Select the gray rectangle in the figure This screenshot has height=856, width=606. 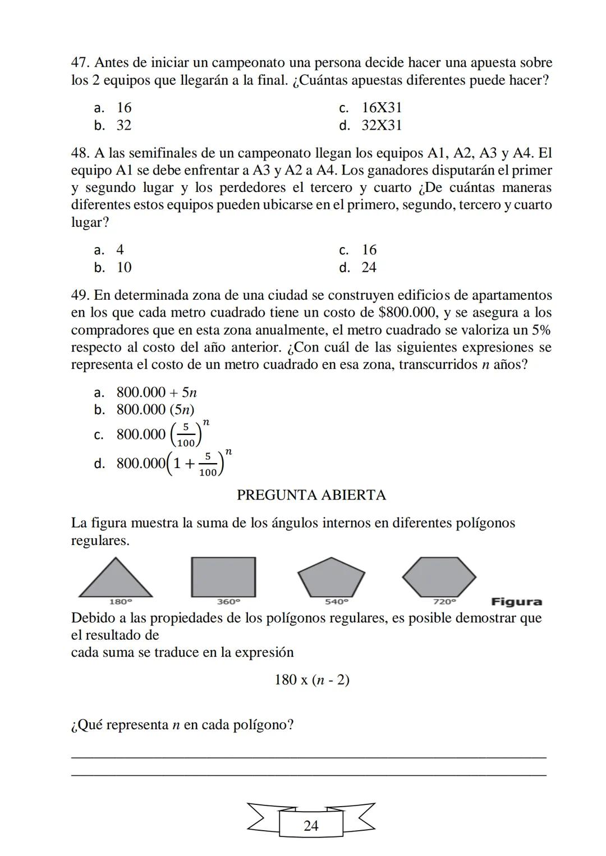pos(223,577)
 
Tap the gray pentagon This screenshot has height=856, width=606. pos(331,578)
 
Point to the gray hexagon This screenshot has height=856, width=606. pos(439,577)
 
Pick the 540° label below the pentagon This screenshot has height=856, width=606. pos(336,602)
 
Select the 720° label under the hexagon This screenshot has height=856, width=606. pos(444,602)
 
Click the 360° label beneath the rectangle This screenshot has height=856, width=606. pos(228,602)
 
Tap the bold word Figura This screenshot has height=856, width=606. pos(516,602)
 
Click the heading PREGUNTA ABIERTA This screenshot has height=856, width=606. pos(311,495)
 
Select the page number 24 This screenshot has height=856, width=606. pos(311,826)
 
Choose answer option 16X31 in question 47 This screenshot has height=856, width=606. pos(382,108)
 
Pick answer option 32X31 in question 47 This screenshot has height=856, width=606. pos(382,125)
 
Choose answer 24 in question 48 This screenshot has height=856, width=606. pos(369,268)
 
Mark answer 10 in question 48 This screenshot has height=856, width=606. pos(124,268)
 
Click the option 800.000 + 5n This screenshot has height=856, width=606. pos(157,392)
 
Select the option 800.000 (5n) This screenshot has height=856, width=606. pos(155,410)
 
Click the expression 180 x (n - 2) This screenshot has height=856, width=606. pos(311,680)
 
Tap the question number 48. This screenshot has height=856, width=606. pos(81,153)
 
